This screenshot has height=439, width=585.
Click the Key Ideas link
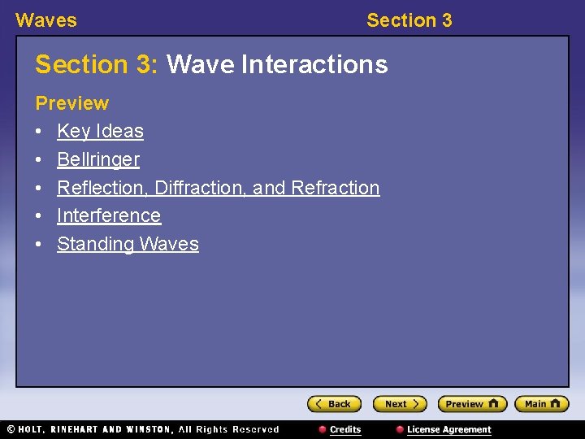coord(100,131)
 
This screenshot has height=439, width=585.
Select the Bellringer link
coord(98,159)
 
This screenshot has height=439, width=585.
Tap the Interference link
coord(109,215)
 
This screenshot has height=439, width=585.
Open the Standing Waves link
coord(128,244)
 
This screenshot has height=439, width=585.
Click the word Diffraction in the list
coord(201,188)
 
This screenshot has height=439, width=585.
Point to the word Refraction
coord(335,188)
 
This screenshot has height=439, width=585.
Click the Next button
coord(399,404)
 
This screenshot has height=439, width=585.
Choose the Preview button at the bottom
coord(471,404)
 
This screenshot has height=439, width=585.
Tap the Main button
coord(542,404)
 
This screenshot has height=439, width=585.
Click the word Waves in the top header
coord(46,20)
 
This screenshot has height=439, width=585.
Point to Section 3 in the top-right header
coord(409,20)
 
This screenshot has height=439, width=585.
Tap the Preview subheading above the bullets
coord(71,103)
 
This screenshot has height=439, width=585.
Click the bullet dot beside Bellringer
coord(39,159)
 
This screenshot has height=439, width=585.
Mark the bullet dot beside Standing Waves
coord(39,244)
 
